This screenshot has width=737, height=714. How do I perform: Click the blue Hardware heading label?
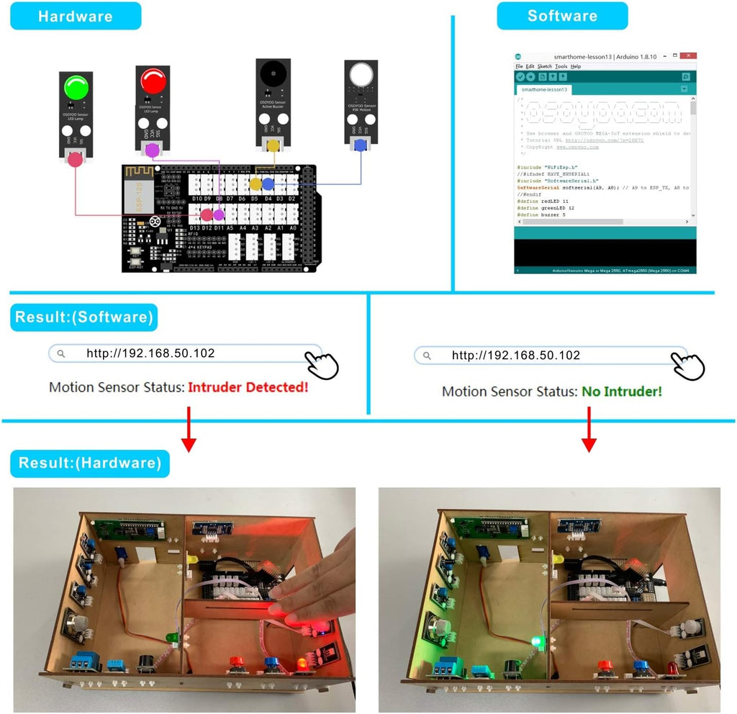(75, 16)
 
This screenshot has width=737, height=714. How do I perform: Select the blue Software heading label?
(561, 16)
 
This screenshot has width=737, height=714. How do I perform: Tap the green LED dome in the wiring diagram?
(76, 88)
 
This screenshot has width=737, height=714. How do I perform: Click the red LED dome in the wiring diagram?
(153, 81)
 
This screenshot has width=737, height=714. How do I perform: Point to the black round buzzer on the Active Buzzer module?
(273, 73)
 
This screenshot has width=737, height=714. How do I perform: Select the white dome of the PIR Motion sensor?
(361, 75)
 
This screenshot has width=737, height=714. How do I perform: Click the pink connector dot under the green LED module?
(75, 160)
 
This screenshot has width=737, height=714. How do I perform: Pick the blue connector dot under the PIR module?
(360, 146)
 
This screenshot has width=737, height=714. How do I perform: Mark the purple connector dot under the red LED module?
(152, 150)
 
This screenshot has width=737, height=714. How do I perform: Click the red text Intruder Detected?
(248, 387)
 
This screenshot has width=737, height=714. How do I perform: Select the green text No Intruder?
(622, 392)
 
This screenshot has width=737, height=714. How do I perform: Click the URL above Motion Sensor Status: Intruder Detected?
(150, 353)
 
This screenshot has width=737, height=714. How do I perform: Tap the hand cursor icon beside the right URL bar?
(687, 366)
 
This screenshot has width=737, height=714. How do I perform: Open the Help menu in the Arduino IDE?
(576, 66)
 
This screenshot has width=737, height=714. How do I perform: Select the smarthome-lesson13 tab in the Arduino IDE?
(544, 90)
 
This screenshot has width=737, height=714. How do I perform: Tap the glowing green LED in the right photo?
(535, 641)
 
